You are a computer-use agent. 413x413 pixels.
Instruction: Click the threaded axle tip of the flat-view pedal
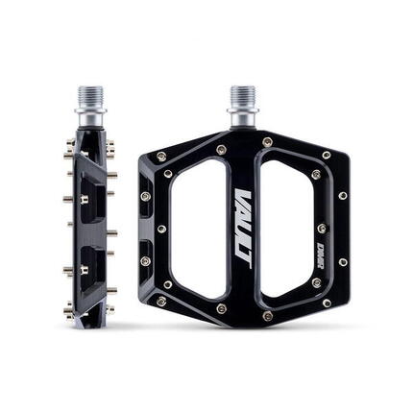point(242,97)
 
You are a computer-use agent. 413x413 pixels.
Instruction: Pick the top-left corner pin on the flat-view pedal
point(160,156)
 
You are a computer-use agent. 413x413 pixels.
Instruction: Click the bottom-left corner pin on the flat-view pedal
point(160,301)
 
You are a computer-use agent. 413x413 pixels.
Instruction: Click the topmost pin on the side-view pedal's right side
point(110,146)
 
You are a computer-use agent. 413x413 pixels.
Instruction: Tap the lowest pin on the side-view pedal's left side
point(68,309)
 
